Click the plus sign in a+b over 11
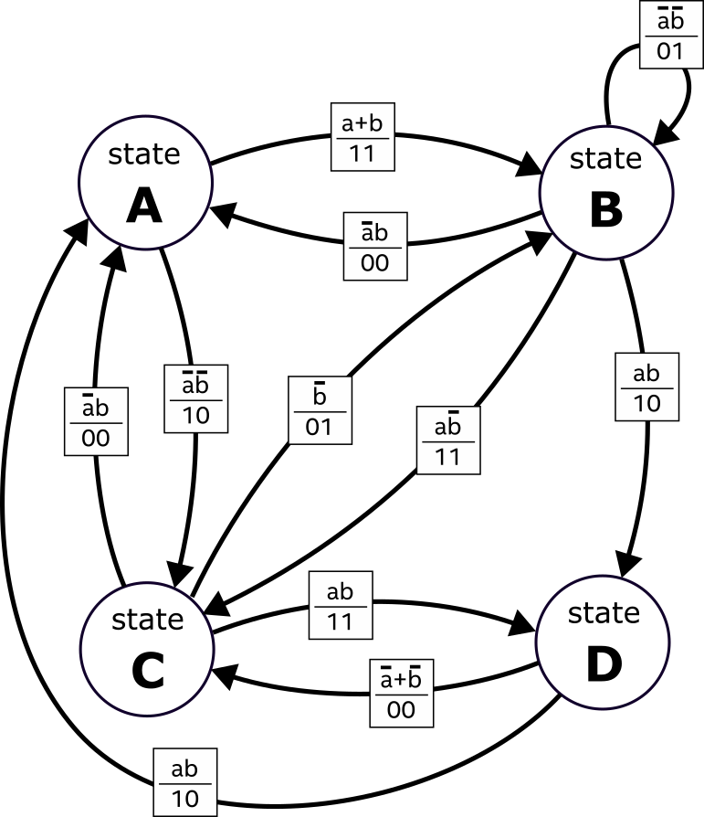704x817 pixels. (x=363, y=123)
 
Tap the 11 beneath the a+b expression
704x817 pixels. (x=363, y=153)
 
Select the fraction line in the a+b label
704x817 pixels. (x=363, y=138)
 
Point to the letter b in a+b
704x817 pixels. (x=376, y=123)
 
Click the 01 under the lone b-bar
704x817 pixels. (x=320, y=426)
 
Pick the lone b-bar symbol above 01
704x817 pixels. (x=320, y=396)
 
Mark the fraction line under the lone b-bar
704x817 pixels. (x=320, y=411)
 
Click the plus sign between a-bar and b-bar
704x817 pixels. (x=401, y=681)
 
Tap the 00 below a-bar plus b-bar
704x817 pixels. (x=401, y=710)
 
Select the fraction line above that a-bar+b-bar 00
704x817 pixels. (x=401, y=695)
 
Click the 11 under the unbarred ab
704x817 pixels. (x=340, y=622)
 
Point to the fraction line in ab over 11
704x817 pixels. (x=340, y=607)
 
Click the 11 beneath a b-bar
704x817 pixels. (x=447, y=456)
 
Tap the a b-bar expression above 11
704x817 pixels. (x=447, y=426)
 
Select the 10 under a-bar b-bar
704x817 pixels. (x=195, y=415)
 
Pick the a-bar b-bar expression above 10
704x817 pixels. (x=195, y=384)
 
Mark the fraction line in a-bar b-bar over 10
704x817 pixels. (x=195, y=399)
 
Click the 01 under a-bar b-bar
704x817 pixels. (x=670, y=50)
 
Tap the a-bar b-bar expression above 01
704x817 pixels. (x=670, y=20)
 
